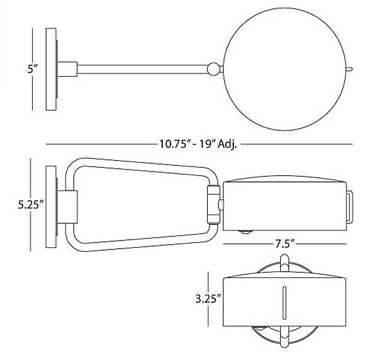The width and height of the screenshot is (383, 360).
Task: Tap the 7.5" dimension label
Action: [284, 243]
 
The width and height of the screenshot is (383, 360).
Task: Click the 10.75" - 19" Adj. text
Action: [198, 144]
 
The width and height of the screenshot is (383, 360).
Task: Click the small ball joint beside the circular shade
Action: [211, 70]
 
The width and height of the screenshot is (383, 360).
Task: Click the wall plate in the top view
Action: [50, 69]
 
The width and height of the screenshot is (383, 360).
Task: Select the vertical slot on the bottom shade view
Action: [284, 301]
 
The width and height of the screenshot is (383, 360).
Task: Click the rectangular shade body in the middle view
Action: [284, 205]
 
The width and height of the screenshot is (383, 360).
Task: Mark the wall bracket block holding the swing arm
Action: [68, 205]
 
